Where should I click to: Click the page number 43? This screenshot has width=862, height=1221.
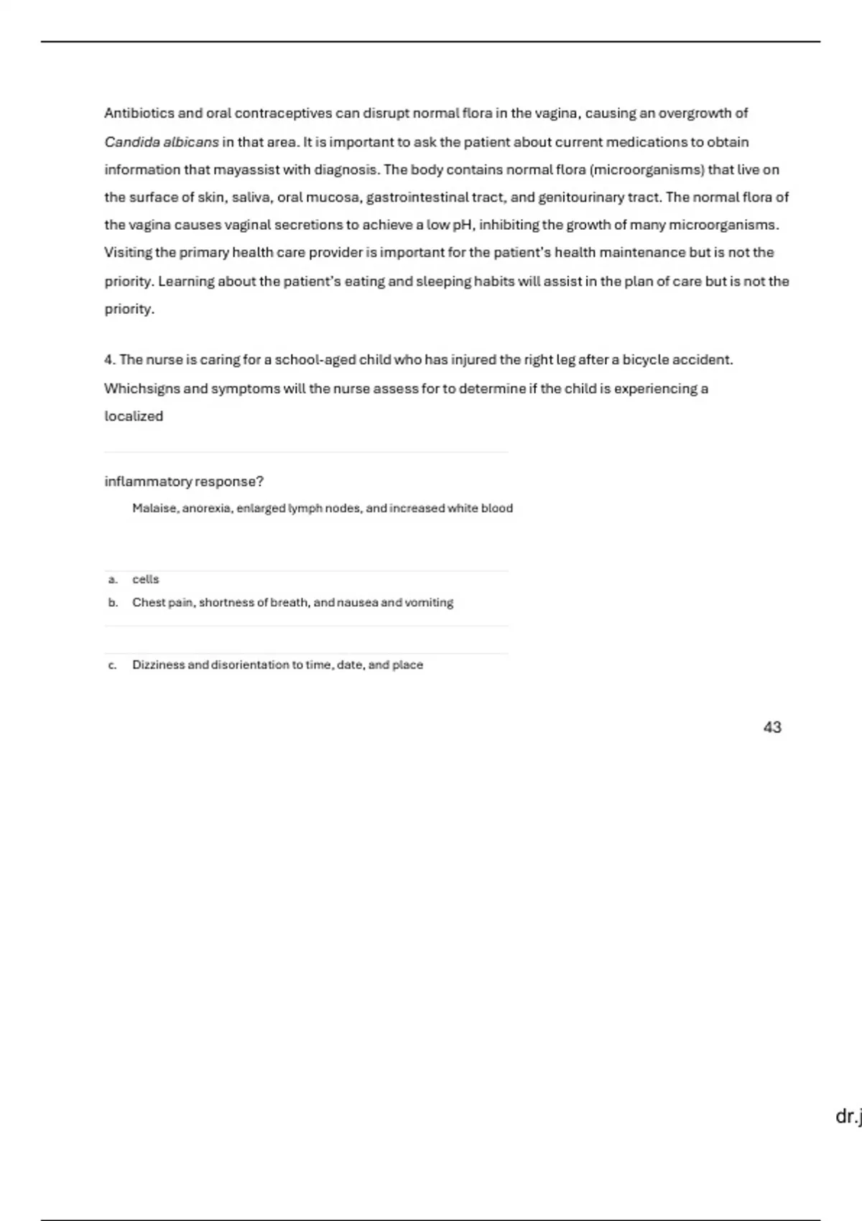point(772,728)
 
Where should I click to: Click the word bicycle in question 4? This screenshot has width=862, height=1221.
point(645,360)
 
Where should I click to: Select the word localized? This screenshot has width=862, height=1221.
point(134,417)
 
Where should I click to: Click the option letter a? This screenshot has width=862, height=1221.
point(113,580)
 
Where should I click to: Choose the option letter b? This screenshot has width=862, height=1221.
point(113,603)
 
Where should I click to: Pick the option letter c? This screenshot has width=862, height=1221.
point(112,665)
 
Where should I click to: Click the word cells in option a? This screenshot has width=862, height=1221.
point(146,580)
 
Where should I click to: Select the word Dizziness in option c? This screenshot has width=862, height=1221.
point(158,665)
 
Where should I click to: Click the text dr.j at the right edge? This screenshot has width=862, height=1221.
point(848,1117)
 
